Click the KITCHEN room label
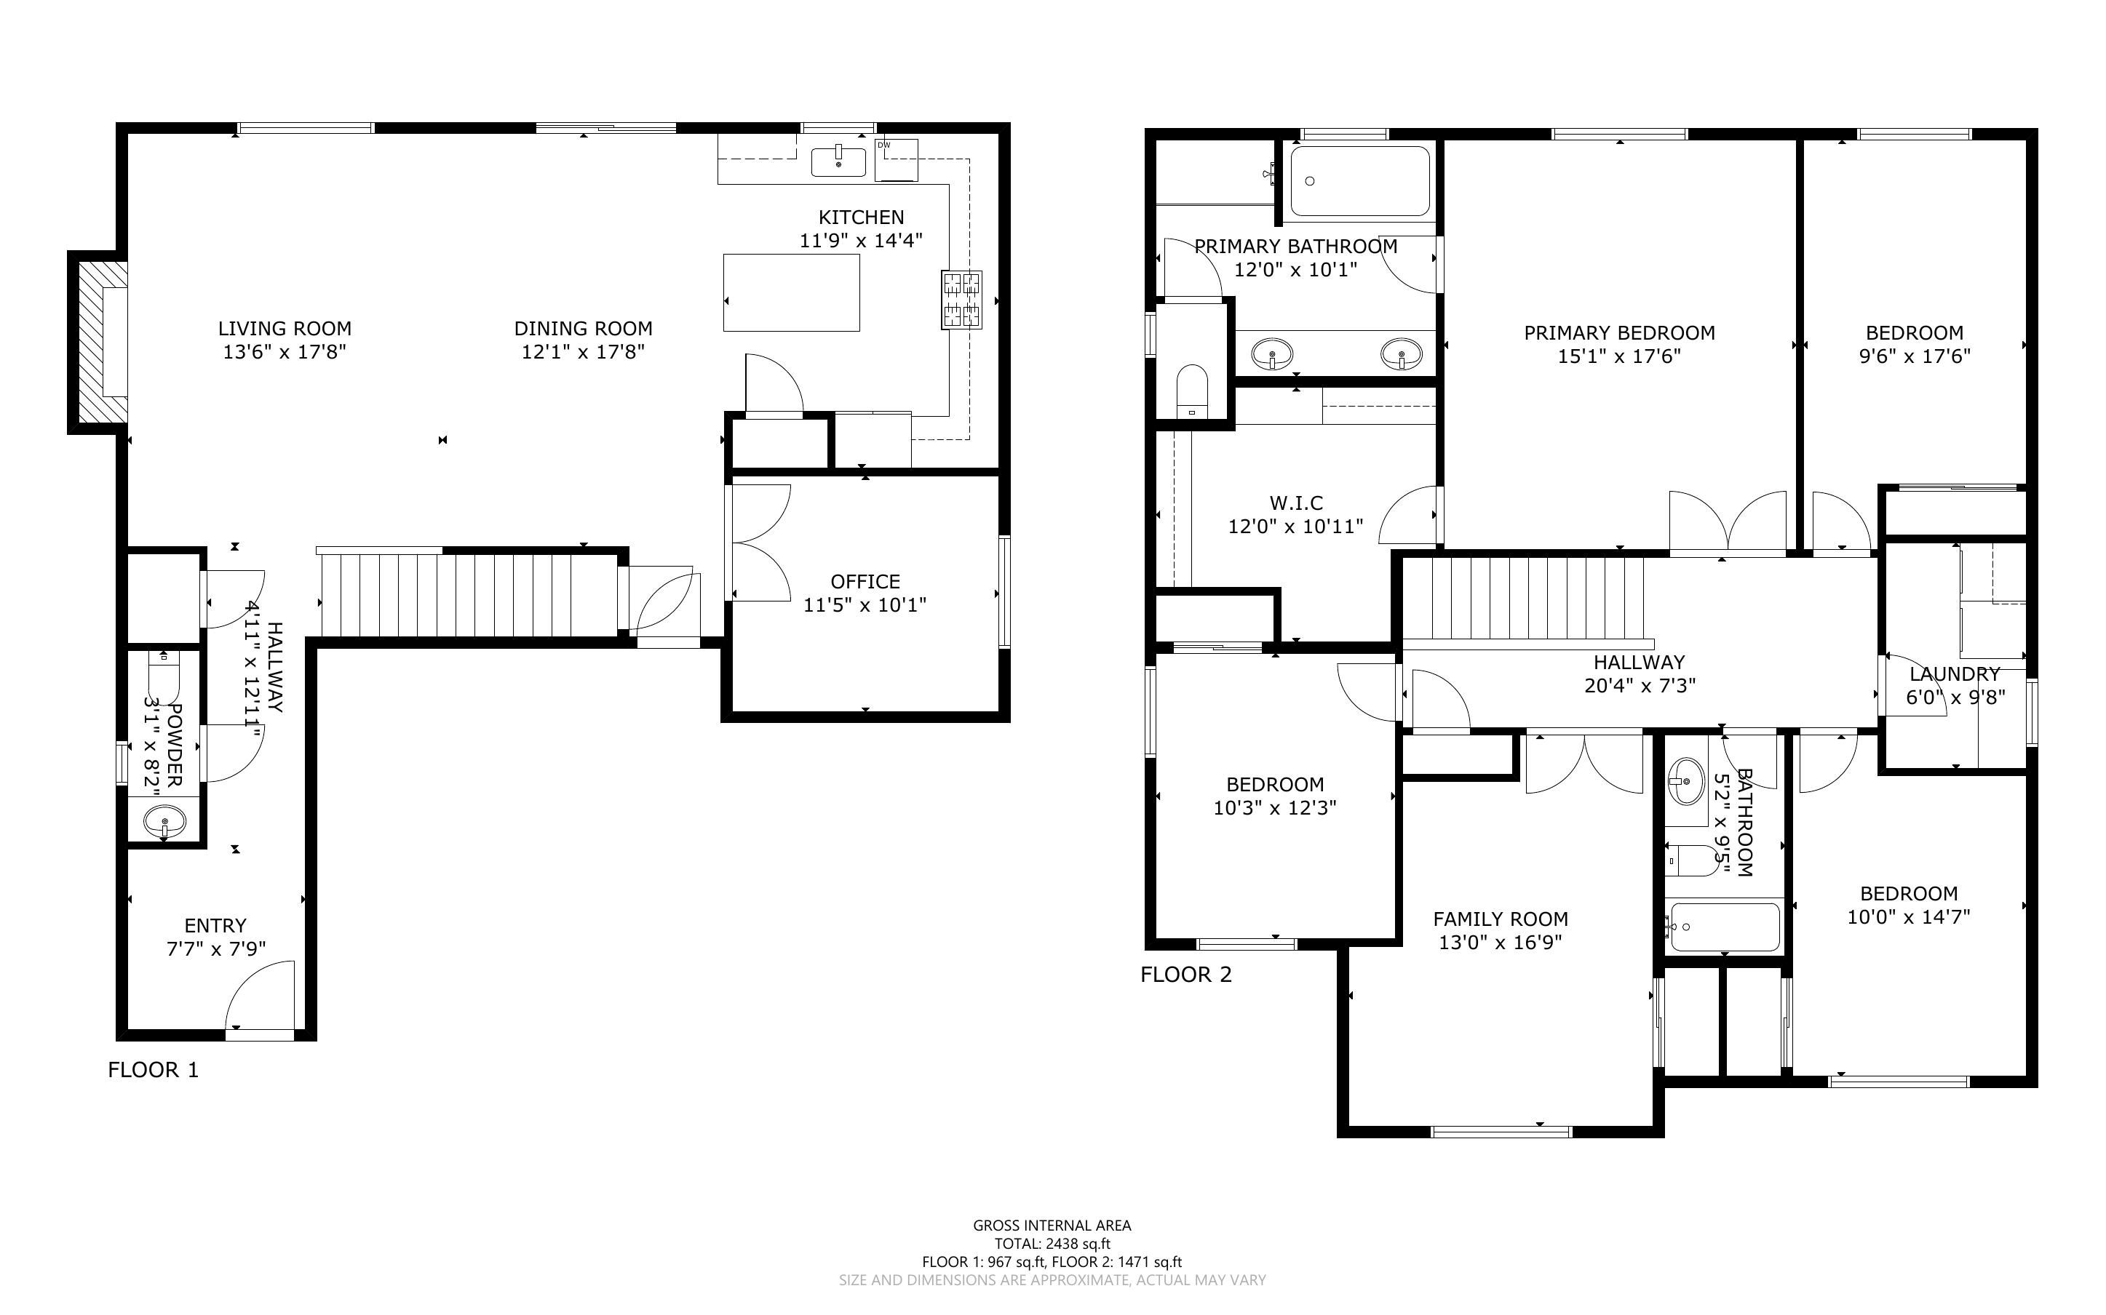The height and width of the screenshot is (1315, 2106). (x=860, y=217)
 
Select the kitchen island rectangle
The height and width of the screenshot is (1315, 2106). (x=792, y=292)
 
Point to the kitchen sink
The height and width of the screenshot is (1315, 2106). (x=838, y=161)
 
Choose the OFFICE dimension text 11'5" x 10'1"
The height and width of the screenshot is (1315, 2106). (x=865, y=604)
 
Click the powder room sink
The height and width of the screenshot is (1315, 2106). (x=164, y=820)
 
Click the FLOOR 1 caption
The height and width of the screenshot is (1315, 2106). (x=153, y=1070)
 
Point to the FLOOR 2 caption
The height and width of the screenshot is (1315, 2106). (x=1185, y=974)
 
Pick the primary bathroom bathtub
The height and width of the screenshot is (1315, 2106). (x=1359, y=181)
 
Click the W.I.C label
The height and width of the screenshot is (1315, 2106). (x=1296, y=503)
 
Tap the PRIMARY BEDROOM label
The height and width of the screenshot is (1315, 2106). (x=1619, y=332)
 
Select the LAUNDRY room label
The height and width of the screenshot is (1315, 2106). (x=1955, y=674)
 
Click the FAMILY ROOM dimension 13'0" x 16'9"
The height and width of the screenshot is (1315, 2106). (x=1501, y=942)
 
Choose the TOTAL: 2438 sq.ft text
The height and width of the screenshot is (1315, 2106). (x=1052, y=1244)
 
